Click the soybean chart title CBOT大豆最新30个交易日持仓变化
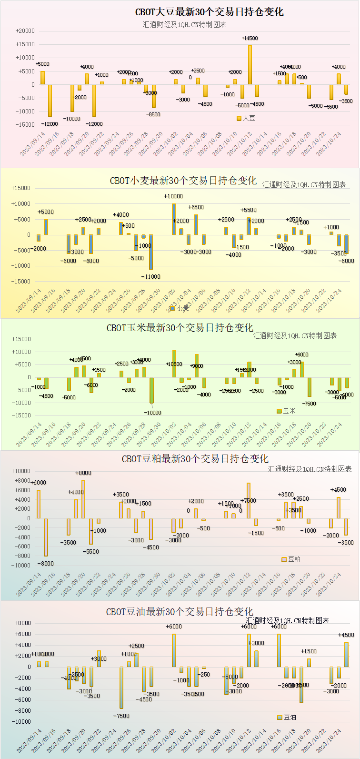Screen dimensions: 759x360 click(x=210, y=12)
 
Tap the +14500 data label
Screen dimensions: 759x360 click(x=250, y=38)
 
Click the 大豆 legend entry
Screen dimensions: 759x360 click(x=246, y=118)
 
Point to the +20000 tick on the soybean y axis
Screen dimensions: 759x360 click(x=25, y=31)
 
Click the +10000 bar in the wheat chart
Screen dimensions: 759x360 click(x=174, y=219)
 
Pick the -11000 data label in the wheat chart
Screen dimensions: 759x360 click(x=151, y=276)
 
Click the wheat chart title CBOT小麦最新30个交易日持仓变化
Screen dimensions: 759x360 click(x=183, y=181)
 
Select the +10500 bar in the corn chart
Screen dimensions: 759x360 click(x=174, y=364)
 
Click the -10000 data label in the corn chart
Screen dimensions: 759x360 click(x=152, y=413)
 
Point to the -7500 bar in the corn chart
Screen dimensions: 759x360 click(x=309, y=387)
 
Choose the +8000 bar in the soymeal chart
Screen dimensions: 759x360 click(x=83, y=499)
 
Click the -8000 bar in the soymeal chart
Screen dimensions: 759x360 click(x=46, y=537)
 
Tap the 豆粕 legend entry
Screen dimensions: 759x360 click(x=291, y=559)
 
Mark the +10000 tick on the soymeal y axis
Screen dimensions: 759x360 click(x=22, y=471)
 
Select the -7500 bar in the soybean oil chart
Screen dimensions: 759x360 click(x=121, y=688)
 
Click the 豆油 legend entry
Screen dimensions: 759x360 click(x=287, y=717)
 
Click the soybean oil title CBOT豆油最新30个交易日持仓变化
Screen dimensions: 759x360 click(x=180, y=612)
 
